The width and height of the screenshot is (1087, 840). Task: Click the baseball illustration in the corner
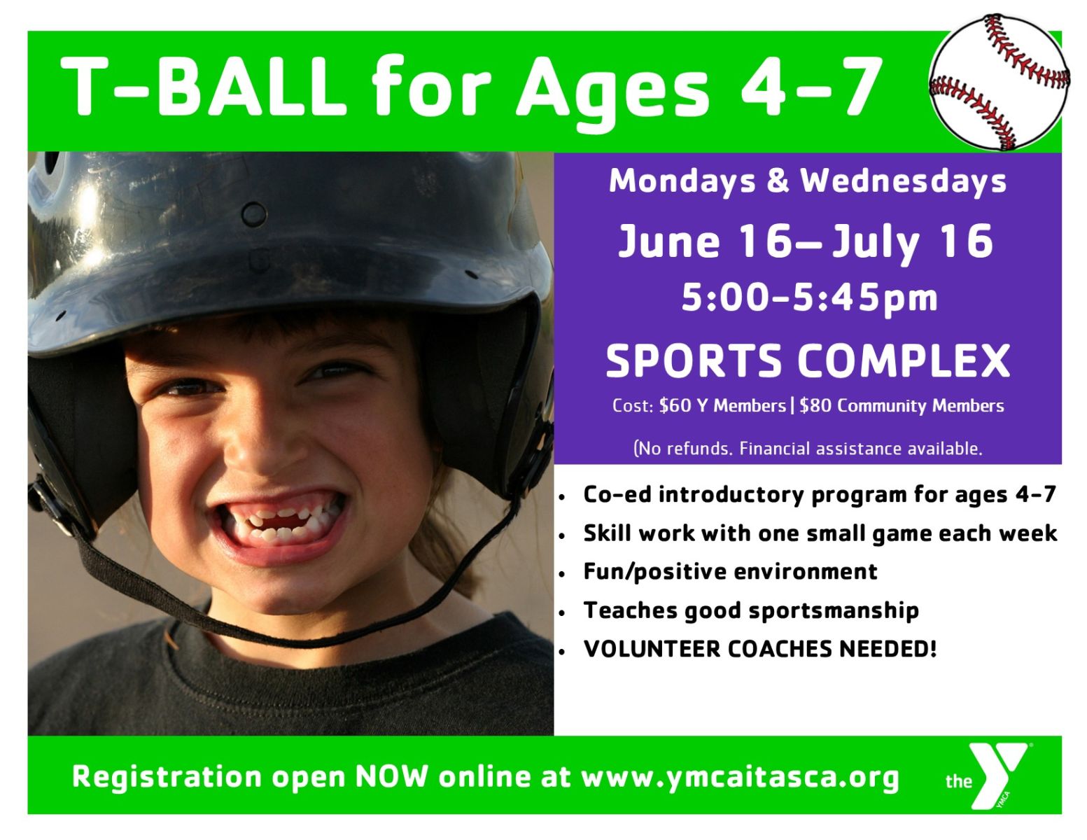(999, 83)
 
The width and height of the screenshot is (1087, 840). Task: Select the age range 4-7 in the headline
(811, 86)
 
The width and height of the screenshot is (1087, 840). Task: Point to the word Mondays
(682, 181)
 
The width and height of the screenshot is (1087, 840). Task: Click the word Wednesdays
(904, 181)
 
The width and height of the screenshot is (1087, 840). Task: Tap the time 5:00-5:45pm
(809, 299)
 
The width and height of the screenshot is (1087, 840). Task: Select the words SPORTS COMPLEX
(808, 360)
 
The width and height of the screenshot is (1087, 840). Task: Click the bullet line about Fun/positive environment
(730, 572)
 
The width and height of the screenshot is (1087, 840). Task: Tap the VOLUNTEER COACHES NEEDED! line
(759, 649)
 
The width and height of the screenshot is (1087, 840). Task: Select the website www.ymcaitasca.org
(741, 778)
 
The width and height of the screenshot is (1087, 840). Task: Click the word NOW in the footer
(392, 777)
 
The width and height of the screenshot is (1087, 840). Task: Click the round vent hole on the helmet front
(253, 214)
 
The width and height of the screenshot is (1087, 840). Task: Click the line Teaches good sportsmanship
(751, 611)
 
